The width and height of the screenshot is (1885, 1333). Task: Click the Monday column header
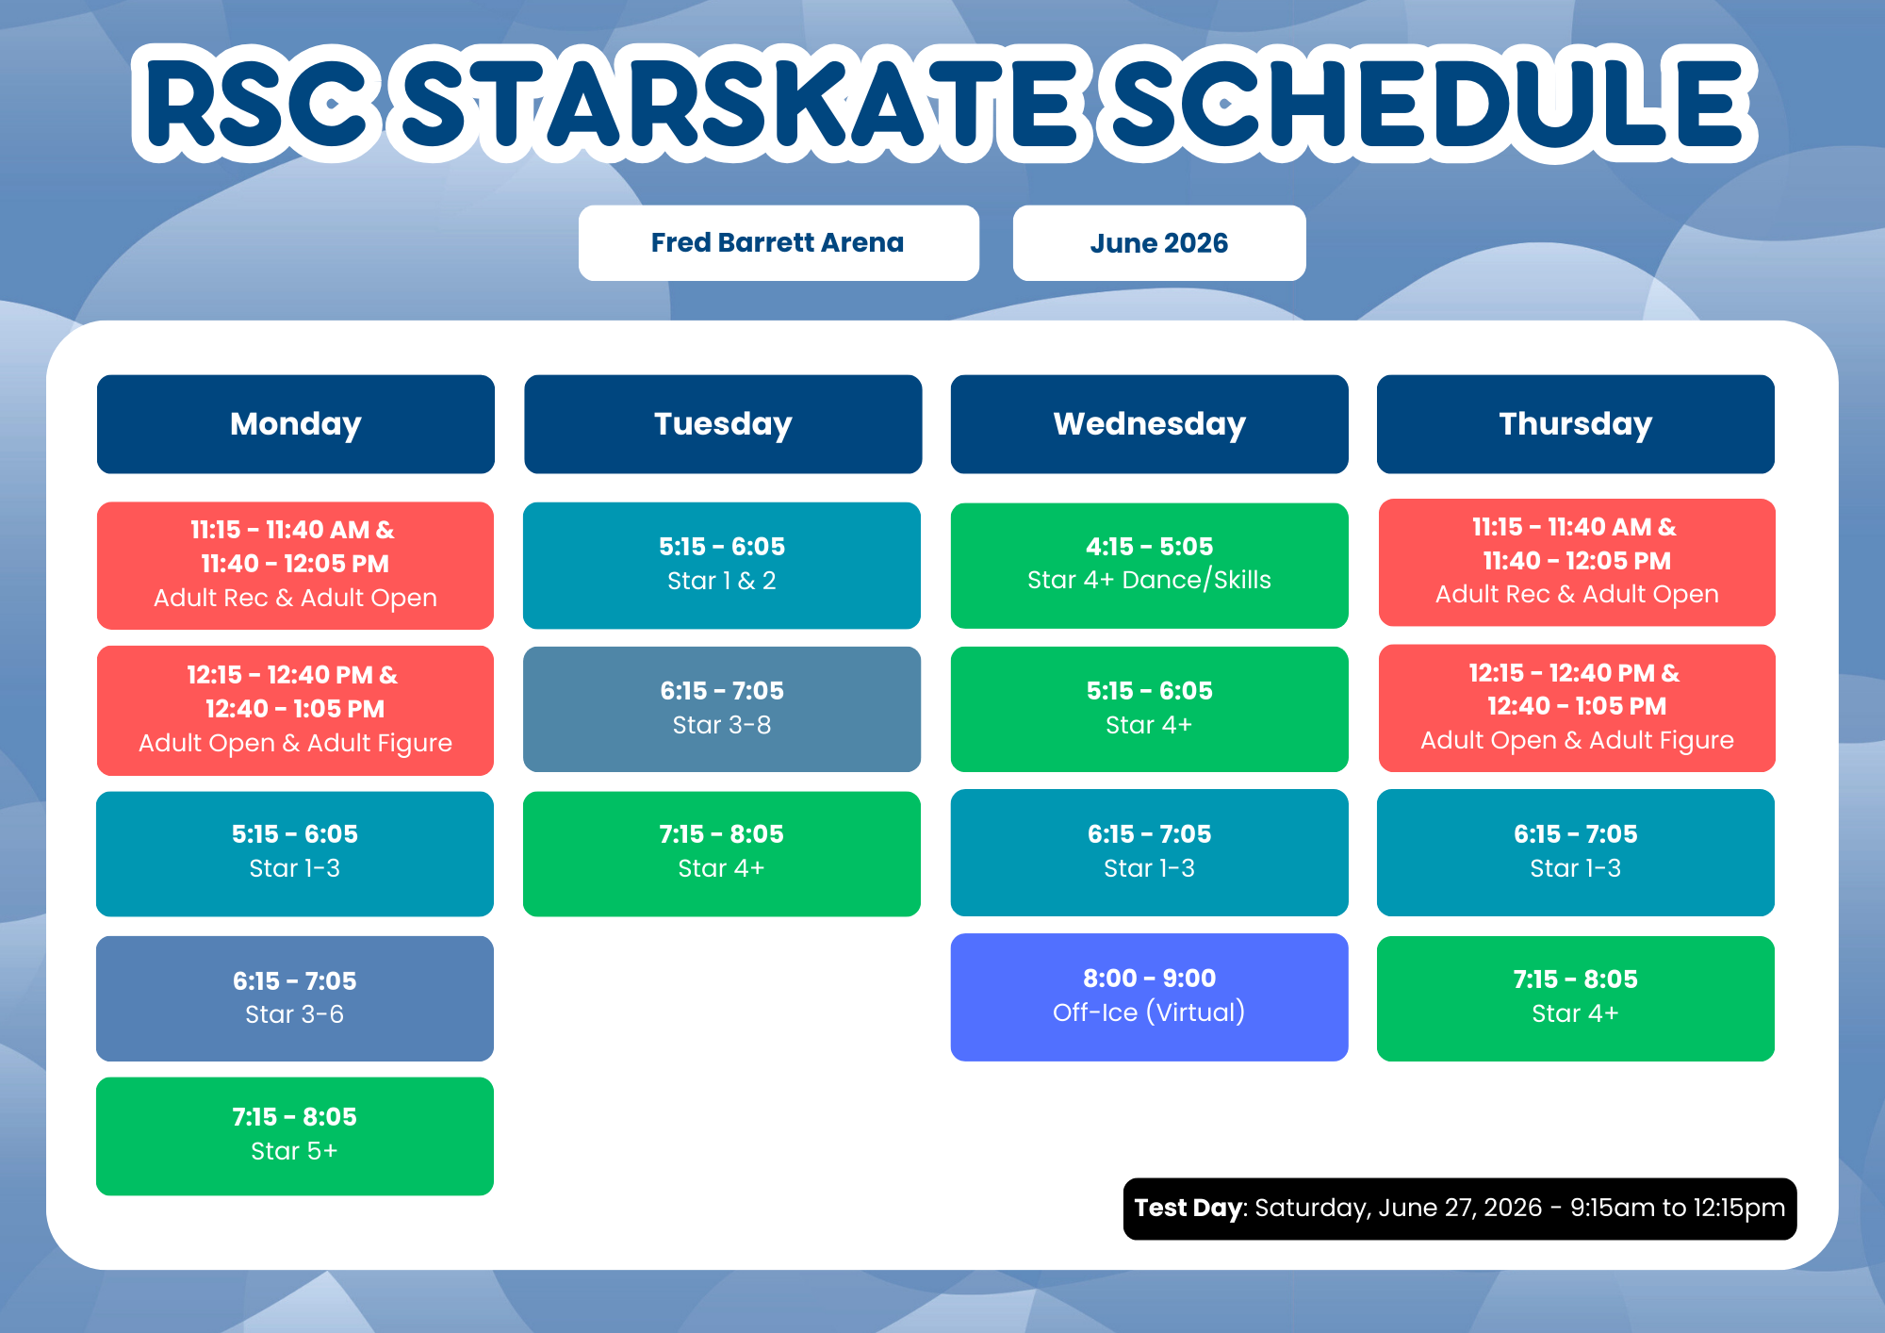(x=296, y=424)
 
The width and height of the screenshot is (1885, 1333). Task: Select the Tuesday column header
(x=723, y=424)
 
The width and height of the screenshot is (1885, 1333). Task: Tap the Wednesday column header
(x=1150, y=424)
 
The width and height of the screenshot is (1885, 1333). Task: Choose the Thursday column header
(x=1576, y=424)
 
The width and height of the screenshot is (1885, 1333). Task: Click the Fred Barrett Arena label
(x=779, y=243)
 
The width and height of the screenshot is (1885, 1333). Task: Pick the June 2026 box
(x=1159, y=243)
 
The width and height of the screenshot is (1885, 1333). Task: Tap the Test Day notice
(x=1460, y=1209)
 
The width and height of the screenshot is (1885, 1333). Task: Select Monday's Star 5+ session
(x=295, y=1136)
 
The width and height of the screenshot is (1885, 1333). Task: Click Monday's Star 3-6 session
(x=295, y=998)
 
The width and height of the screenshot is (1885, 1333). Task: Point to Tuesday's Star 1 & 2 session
(x=722, y=566)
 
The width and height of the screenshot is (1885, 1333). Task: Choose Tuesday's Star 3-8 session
(x=722, y=709)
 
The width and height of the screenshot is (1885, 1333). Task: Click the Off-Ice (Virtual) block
(x=1150, y=997)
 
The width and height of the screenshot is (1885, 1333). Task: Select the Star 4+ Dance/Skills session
(x=1150, y=566)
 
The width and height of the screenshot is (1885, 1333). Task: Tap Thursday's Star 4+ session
(x=1576, y=998)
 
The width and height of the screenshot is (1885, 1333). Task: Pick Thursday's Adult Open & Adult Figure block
(x=1577, y=708)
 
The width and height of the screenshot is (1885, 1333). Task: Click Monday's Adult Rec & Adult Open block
(x=295, y=566)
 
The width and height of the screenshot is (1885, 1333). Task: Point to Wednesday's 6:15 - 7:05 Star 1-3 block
(x=1150, y=852)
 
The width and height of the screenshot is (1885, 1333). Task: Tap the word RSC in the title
(x=257, y=104)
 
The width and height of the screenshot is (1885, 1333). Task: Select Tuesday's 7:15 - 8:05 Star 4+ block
(x=722, y=853)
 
